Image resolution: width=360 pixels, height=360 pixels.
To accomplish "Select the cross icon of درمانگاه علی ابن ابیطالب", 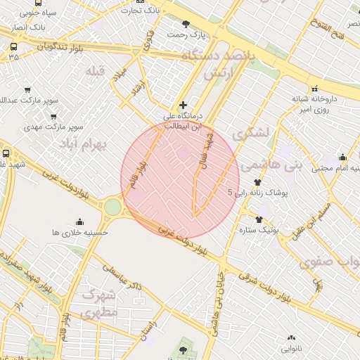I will click(184, 104).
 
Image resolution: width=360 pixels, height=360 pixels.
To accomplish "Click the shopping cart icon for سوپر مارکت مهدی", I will click(53, 116).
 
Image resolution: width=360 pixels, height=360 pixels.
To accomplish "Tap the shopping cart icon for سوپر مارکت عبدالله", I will click(27, 90).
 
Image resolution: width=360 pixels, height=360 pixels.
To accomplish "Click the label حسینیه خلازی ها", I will click(79, 231).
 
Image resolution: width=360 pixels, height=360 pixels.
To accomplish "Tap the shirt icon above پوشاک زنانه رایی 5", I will click(257, 182).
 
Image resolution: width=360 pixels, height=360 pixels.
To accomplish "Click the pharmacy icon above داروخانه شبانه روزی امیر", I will click(314, 89).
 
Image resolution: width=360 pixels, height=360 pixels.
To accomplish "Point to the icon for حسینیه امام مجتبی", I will click(342, 157).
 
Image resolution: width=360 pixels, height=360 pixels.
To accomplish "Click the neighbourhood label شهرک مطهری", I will click(100, 304).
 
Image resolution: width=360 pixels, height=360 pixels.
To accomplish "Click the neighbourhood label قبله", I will click(94, 72).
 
